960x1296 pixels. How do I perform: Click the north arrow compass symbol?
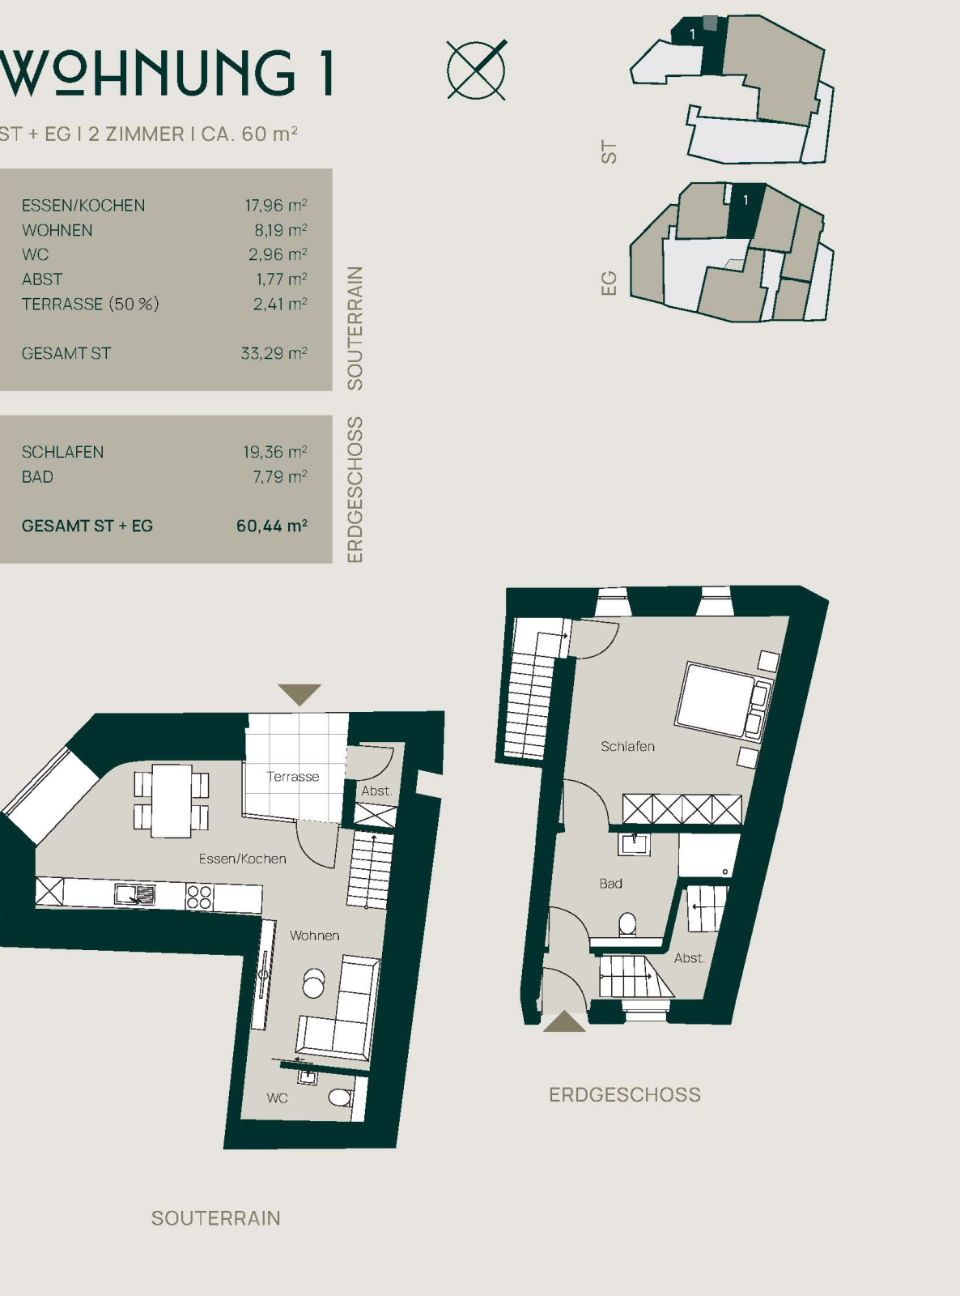(x=477, y=70)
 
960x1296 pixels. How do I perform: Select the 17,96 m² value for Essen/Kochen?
(x=276, y=205)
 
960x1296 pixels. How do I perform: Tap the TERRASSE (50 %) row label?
(x=90, y=304)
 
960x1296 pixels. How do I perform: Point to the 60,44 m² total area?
(x=271, y=526)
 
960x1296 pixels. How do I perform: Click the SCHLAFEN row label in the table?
(x=62, y=452)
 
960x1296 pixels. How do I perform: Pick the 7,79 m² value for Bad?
(x=280, y=477)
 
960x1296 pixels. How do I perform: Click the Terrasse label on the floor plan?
(x=293, y=776)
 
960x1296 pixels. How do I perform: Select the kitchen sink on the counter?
(x=135, y=894)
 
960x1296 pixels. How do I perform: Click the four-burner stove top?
(x=199, y=897)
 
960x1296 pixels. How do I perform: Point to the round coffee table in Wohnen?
(x=314, y=983)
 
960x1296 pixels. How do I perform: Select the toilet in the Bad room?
(x=627, y=925)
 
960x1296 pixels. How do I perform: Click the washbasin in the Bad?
(x=634, y=844)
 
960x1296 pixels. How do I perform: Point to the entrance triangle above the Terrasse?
(x=299, y=694)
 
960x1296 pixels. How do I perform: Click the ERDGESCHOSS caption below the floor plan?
(x=625, y=1094)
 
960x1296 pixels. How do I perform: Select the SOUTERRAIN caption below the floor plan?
(x=216, y=1217)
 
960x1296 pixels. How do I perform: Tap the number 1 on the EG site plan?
(x=745, y=200)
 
